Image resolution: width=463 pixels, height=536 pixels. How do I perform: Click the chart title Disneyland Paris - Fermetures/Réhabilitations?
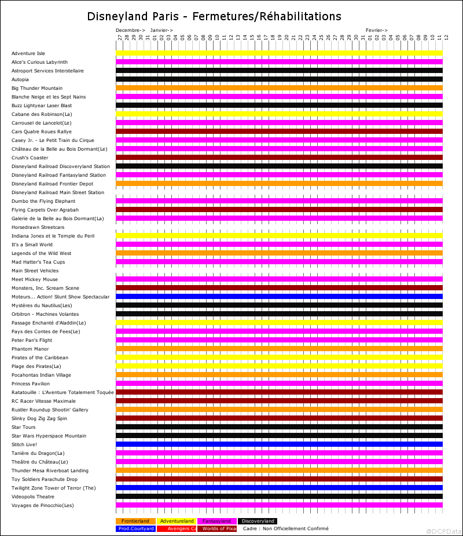tap(214, 16)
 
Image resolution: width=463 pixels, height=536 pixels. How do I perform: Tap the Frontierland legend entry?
tap(135, 521)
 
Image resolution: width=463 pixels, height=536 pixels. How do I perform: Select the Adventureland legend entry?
tap(177, 521)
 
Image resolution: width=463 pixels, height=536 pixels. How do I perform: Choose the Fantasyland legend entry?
tap(217, 521)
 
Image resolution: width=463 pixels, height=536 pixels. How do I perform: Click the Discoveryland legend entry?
tap(258, 521)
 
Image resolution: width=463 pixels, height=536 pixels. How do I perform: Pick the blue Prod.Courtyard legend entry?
tap(135, 528)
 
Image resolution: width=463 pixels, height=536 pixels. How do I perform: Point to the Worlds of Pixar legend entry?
tap(217, 528)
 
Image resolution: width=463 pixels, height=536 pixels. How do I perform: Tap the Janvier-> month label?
tap(161, 30)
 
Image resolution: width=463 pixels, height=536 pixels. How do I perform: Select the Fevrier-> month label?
tap(377, 30)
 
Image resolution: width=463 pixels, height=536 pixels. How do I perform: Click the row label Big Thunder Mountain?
tap(36, 88)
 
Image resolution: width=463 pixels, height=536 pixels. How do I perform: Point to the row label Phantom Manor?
tap(30, 349)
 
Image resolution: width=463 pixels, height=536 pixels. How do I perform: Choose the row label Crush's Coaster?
tap(30, 158)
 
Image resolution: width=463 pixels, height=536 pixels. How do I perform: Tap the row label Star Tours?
tap(24, 427)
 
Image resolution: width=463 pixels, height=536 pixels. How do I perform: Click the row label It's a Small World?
tap(32, 245)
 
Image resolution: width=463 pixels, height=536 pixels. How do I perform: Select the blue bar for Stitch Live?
tap(279, 444)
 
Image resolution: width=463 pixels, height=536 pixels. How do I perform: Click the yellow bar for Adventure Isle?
tap(279, 53)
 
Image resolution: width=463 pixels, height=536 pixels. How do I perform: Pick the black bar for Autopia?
tap(279, 79)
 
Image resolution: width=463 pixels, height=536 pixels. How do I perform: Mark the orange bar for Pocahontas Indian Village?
tap(279, 375)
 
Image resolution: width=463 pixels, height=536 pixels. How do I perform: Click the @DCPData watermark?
tap(443, 531)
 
